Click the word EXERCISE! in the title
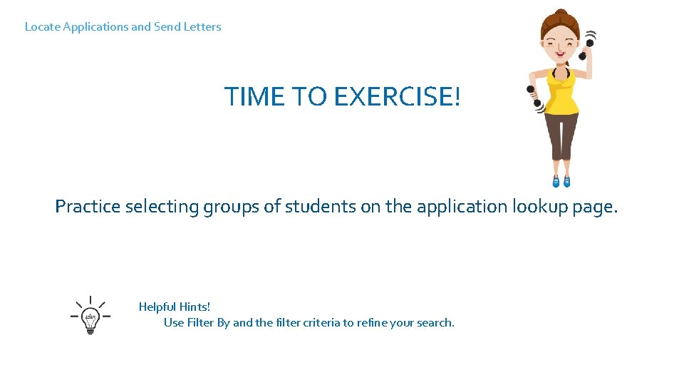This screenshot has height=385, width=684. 397,96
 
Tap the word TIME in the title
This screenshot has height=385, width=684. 254,96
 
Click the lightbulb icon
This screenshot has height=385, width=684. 90,316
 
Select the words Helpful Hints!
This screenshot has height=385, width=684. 175,307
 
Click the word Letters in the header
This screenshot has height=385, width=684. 202,27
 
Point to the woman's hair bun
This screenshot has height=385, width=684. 562,14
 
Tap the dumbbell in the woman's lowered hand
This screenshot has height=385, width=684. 534,96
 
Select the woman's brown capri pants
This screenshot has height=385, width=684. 563,139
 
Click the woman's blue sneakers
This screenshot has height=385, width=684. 561,180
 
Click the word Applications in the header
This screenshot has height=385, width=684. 95,27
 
